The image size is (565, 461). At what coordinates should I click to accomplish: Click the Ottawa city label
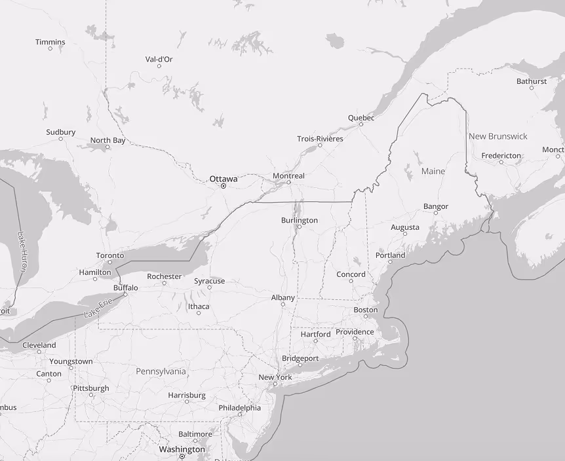[224, 178]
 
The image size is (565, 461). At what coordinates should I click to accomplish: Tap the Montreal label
[288, 175]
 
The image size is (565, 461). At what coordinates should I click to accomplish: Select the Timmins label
[50, 42]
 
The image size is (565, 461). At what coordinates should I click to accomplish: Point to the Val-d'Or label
[159, 59]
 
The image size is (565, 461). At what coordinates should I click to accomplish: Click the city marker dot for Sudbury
[61, 139]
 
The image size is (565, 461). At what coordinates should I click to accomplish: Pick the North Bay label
[107, 140]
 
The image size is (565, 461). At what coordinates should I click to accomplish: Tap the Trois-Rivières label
[320, 139]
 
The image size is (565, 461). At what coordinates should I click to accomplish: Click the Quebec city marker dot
[361, 124]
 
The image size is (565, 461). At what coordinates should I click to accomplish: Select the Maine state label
[433, 171]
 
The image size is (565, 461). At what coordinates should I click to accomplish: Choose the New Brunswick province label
[497, 136]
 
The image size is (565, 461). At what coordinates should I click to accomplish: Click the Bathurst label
[531, 81]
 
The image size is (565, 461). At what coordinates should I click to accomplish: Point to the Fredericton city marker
[501, 162]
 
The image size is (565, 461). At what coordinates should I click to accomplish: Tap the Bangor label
[436, 206]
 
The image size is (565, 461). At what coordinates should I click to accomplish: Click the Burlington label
[299, 220]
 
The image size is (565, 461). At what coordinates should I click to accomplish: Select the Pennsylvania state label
[161, 371]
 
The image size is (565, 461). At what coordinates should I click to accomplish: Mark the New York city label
[275, 377]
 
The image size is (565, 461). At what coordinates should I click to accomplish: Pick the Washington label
[182, 449]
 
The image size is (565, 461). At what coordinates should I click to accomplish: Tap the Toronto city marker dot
[110, 262]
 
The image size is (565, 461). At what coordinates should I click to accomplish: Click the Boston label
[366, 310]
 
